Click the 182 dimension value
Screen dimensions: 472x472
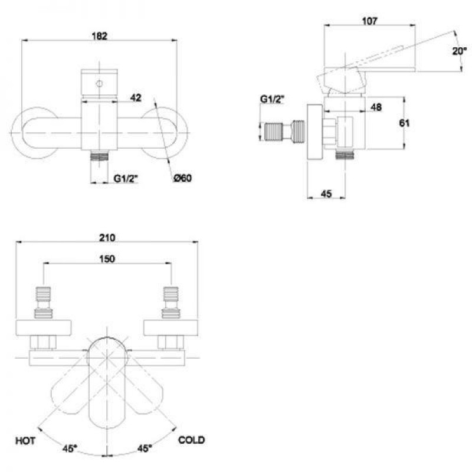coord(99,36)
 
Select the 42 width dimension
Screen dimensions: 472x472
coord(136,97)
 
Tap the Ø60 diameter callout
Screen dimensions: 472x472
coord(182,178)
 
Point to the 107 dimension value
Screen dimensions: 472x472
coord(369,21)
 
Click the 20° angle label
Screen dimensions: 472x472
coord(460,51)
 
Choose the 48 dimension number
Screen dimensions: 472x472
coord(376,107)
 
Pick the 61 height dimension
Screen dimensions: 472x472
coord(404,123)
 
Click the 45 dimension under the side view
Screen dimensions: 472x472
coord(326,194)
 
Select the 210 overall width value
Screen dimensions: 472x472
coord(107,238)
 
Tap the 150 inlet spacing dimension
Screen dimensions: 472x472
coord(107,258)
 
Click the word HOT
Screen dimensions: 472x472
coord(25,441)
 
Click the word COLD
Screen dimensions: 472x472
coord(191,440)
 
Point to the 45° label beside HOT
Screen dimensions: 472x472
coord(70,448)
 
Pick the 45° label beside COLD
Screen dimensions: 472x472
coord(145,448)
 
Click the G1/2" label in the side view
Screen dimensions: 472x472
coord(273,99)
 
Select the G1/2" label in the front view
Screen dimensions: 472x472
coord(126,178)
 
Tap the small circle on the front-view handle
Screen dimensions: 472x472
coord(99,84)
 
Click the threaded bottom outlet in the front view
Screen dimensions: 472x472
coord(99,156)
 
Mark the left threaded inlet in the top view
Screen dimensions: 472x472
coord(43,302)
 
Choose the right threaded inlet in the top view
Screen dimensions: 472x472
coord(171,302)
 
